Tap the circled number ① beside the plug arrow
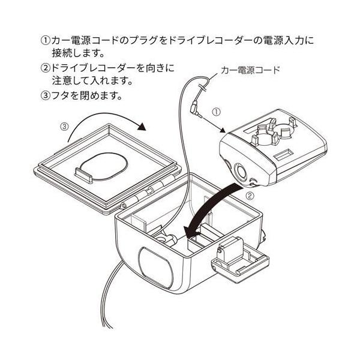pos(218,112)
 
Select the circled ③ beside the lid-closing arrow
pos(65,127)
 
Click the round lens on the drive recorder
pos(243,172)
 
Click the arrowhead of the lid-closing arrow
pos(142,127)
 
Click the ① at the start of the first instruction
pos(46,41)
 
